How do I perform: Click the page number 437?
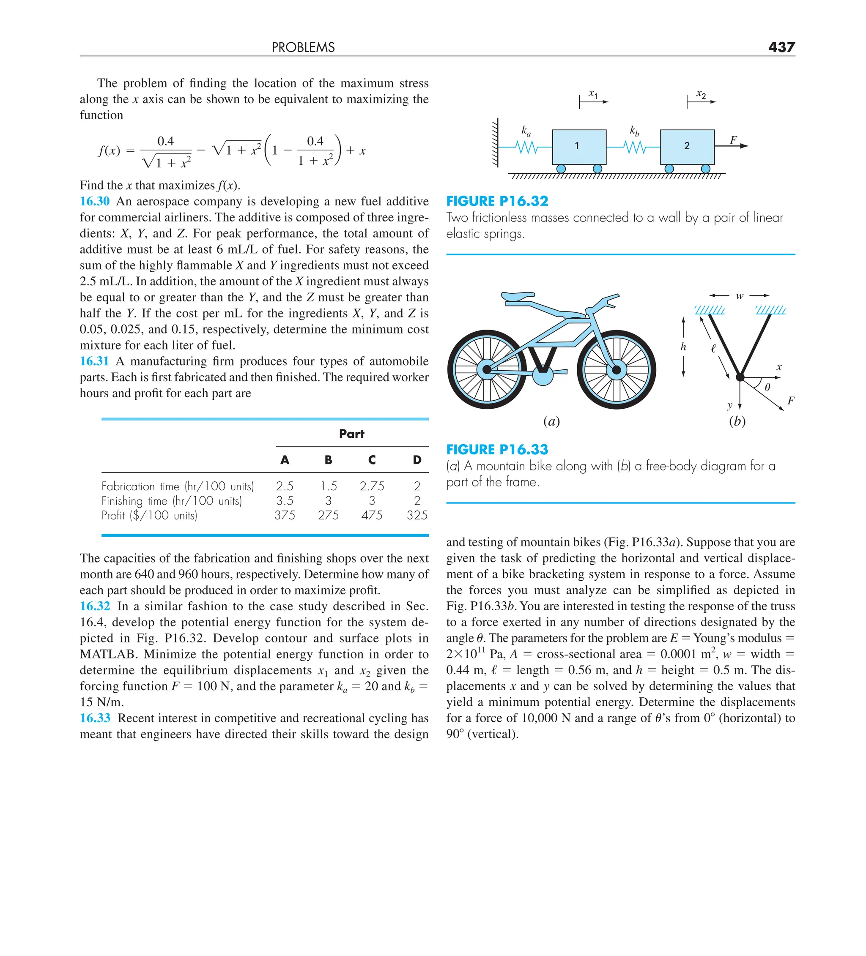(x=781, y=47)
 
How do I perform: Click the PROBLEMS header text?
(x=303, y=47)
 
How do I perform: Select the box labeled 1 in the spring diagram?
(x=579, y=147)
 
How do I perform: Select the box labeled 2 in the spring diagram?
(x=687, y=147)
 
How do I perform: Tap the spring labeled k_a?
(x=527, y=147)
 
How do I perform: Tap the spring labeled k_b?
(x=634, y=147)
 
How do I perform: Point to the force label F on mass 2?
(x=733, y=140)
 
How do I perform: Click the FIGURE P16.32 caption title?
(x=497, y=201)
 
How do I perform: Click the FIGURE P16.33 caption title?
(x=497, y=449)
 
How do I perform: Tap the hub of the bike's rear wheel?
(x=486, y=369)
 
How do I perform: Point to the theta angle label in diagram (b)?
(x=767, y=388)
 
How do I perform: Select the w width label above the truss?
(x=739, y=296)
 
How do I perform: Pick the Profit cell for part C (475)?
(x=372, y=515)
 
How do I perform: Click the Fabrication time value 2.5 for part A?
(x=285, y=486)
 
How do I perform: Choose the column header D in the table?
(x=417, y=460)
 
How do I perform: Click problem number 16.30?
(x=94, y=201)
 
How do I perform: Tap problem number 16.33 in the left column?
(x=95, y=718)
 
